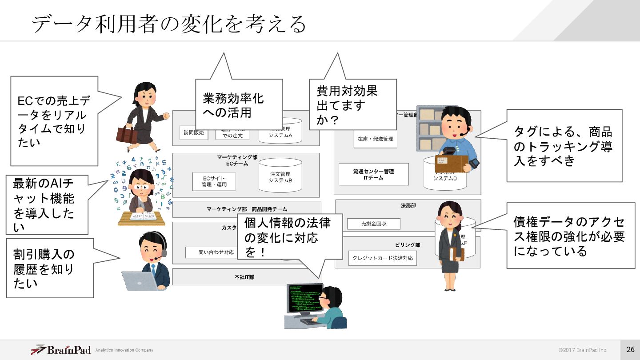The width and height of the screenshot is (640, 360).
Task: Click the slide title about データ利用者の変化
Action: click(169, 23)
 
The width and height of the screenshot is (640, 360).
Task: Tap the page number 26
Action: click(630, 349)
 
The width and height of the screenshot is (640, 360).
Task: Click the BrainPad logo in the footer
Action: click(61, 350)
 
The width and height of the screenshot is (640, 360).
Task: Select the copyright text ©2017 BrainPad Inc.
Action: click(583, 350)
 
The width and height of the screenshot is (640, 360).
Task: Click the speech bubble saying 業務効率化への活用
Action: click(239, 104)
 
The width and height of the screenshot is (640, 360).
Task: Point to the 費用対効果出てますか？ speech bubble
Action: click(352, 104)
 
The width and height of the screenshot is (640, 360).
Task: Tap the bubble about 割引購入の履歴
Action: click(50, 268)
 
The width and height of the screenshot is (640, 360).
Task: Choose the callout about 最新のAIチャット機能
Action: click(47, 204)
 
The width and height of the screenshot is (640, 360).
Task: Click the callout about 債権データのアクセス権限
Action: click(570, 236)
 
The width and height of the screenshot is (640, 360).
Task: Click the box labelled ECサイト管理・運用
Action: click(213, 181)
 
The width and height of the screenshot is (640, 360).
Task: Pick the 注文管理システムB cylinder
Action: click(280, 177)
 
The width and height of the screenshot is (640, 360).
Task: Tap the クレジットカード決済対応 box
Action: click(382, 258)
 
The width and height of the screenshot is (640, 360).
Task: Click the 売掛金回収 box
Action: click(373, 224)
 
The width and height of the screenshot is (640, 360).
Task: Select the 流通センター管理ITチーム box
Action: click(373, 174)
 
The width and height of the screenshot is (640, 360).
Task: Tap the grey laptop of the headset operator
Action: click(139, 281)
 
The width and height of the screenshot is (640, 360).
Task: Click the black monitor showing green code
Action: click(305, 297)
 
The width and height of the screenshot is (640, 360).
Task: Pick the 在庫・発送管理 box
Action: click(375, 139)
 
